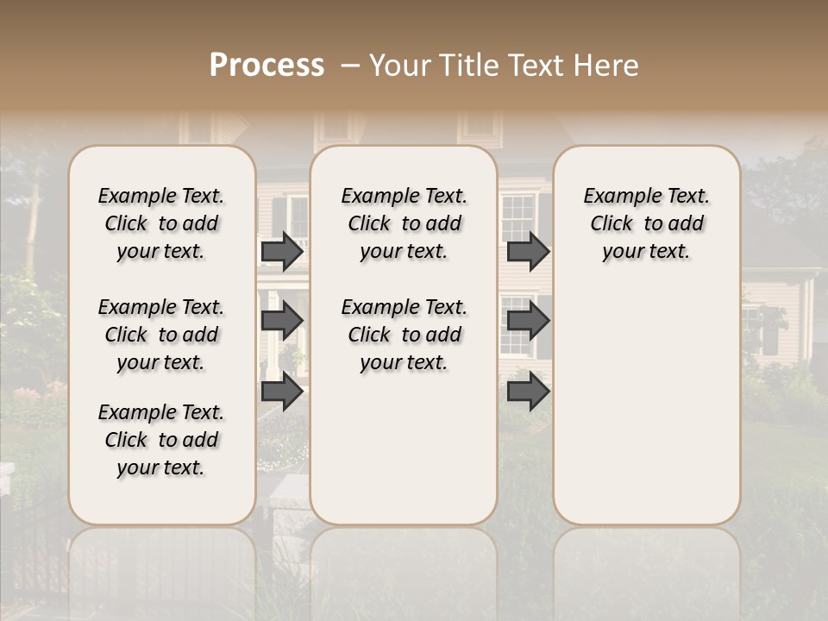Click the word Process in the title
click(x=267, y=66)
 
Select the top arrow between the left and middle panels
click(x=282, y=251)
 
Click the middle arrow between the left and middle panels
click(x=282, y=322)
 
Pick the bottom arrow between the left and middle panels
click(x=282, y=391)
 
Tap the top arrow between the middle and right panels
click(x=528, y=251)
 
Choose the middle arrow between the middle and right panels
click(x=528, y=322)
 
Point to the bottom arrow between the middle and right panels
click(x=528, y=391)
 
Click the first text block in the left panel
click(x=161, y=223)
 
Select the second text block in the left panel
click(x=161, y=335)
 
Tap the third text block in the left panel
click(x=161, y=440)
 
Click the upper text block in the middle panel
click(x=405, y=223)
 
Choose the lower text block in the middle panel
click(x=405, y=335)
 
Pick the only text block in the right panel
click(x=647, y=223)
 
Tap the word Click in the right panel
click(x=612, y=224)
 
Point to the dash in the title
click(x=350, y=66)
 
